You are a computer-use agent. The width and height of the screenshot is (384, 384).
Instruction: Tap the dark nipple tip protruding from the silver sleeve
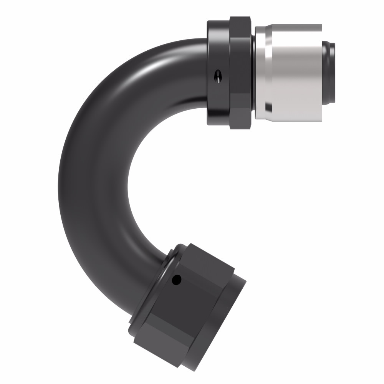pos(329,73)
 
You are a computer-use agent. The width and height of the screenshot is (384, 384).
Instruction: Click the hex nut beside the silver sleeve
pos(241,73)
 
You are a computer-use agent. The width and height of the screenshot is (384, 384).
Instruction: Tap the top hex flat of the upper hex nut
pos(240,25)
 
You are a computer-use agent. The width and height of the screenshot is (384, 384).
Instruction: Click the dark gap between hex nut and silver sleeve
pos(253,73)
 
